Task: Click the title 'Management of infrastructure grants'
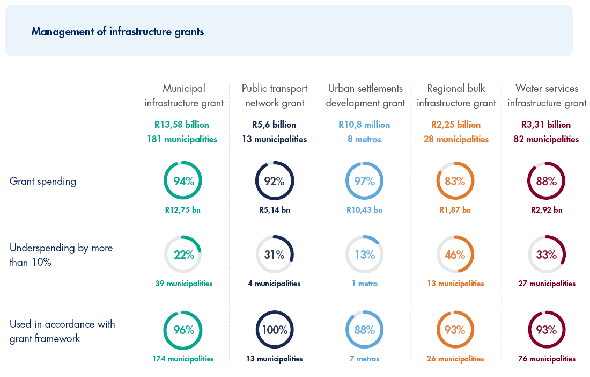point(117,32)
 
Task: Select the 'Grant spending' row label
point(43,182)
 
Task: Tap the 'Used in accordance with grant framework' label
point(62,331)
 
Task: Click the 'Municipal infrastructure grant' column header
point(184,96)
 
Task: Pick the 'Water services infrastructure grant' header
point(547,96)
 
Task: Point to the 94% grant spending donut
point(183,181)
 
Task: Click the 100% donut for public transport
point(275,330)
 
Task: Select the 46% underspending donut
point(455,255)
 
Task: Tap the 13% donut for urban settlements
point(365,255)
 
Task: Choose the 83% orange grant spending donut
point(455,181)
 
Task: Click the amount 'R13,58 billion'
point(182,125)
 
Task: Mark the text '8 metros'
point(365,139)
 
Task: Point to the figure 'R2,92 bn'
point(547,210)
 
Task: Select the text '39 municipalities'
point(184,284)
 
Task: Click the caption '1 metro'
point(365,284)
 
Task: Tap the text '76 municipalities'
point(547,359)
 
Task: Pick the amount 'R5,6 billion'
point(274,125)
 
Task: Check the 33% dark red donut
point(547,255)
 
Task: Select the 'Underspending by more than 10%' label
point(61,255)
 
